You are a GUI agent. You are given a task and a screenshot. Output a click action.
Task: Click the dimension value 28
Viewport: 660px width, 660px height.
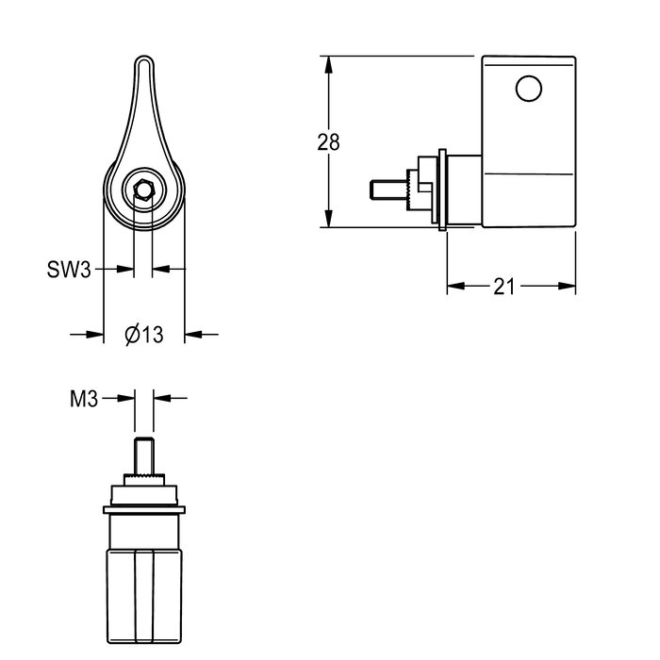[328, 142]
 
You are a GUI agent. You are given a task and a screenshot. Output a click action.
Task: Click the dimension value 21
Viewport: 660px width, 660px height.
[503, 287]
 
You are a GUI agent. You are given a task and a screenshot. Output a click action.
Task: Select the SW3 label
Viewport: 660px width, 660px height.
[69, 269]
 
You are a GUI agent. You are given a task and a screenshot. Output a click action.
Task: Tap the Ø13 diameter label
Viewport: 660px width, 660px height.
[144, 335]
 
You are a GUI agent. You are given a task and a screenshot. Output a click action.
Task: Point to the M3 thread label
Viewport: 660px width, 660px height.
[84, 399]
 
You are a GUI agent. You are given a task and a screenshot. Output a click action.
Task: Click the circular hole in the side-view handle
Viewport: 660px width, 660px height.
[529, 89]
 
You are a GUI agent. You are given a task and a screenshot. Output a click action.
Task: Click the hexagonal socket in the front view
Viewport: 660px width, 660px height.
[144, 190]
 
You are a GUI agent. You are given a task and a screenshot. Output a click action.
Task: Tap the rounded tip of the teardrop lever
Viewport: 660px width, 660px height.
[144, 58]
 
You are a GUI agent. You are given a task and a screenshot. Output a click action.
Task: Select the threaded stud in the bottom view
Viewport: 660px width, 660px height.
[144, 455]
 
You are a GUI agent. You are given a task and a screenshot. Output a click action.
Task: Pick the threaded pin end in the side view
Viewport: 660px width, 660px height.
[388, 190]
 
